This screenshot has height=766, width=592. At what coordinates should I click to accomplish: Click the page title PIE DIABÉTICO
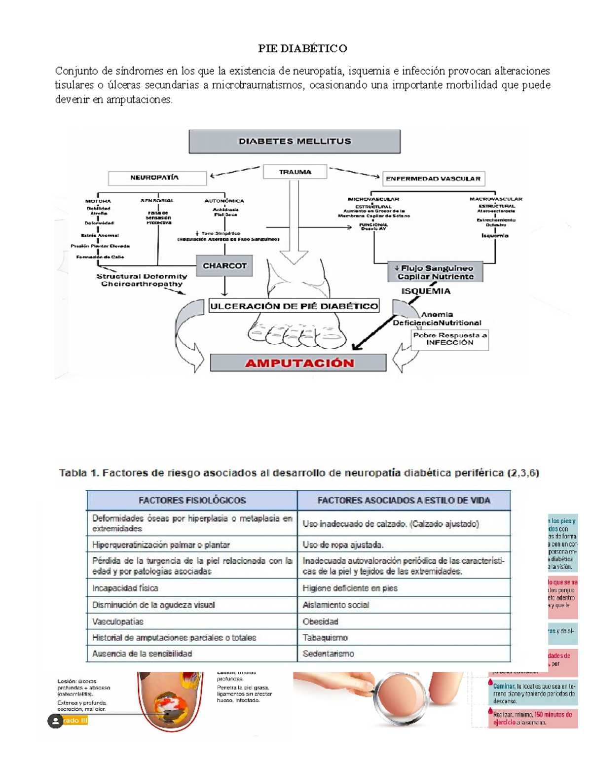302,48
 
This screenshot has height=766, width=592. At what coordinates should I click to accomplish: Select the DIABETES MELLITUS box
295,142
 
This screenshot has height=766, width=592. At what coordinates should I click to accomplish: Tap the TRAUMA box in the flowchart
295,172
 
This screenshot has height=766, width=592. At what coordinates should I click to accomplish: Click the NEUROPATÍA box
157,178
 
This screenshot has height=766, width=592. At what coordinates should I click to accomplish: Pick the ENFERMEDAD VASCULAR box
433,179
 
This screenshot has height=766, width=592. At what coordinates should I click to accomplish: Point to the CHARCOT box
224,266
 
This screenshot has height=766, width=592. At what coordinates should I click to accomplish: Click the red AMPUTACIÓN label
299,363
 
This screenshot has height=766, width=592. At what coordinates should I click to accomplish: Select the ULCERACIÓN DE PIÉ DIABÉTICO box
294,306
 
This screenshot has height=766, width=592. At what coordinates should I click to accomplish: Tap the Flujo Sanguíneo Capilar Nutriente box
435,272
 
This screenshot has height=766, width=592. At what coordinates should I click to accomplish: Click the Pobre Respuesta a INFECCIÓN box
449,339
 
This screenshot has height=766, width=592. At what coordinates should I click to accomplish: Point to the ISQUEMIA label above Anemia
426,291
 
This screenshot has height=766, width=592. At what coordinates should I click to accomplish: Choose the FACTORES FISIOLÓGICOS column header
192,500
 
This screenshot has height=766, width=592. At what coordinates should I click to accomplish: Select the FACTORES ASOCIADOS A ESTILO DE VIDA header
404,500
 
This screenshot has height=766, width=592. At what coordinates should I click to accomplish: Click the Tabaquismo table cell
404,638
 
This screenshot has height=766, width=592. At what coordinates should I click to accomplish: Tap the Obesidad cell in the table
404,621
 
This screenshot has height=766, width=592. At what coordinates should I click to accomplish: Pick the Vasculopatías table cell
192,621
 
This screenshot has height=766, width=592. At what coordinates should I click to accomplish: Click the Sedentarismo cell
404,654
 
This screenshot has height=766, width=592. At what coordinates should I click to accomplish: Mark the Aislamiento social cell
404,605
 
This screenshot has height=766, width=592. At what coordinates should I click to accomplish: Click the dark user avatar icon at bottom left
55,721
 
